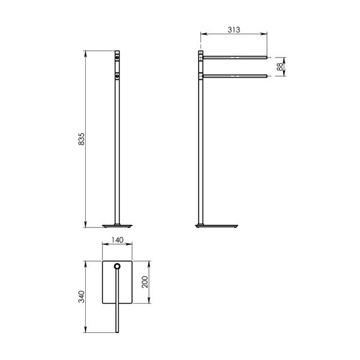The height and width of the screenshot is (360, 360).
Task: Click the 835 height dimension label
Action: pos(82,139)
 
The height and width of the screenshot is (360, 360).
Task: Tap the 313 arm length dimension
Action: pos(234,29)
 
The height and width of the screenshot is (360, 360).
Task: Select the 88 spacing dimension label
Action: pos(280,67)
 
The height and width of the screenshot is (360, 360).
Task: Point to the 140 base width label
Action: pos(118,240)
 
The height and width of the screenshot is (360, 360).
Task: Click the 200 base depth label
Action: pos(145,282)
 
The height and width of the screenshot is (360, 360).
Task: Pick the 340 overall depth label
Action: pos(82,296)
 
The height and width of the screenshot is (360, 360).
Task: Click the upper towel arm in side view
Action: pos(235,58)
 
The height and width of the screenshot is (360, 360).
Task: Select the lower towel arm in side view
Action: pos(235,76)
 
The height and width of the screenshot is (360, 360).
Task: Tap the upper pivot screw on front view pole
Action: pos(117,57)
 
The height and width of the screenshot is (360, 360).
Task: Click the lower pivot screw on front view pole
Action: pos(117,76)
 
